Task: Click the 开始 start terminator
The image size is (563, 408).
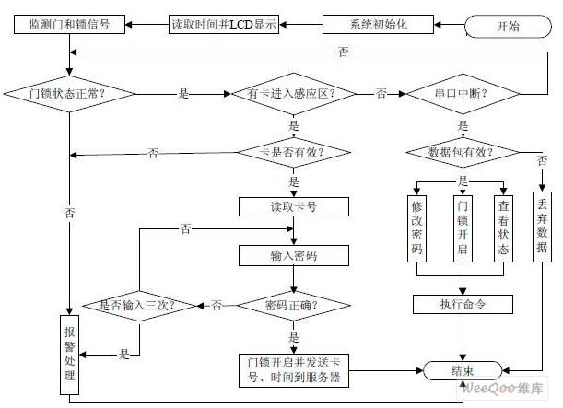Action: [508, 26]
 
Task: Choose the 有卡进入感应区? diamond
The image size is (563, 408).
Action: [294, 94]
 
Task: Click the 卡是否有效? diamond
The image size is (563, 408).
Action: [294, 152]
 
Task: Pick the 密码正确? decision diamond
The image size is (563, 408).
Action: [294, 304]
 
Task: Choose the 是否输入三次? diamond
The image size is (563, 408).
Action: [138, 304]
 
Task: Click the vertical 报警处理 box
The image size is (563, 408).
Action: [69, 356]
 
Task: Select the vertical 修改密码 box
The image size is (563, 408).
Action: [417, 226]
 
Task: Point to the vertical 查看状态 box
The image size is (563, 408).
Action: [502, 226]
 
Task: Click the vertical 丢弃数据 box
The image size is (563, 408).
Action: [543, 226]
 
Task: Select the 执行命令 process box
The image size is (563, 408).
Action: [462, 304]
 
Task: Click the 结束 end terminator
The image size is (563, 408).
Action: [463, 370]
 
